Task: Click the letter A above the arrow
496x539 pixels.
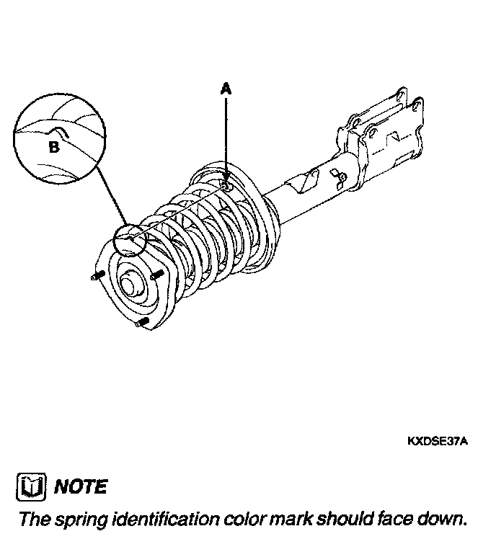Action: coord(226,89)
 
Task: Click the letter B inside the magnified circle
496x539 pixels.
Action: coord(53,147)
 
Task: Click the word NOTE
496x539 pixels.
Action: coord(81,486)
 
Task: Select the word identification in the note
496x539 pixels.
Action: coord(165,519)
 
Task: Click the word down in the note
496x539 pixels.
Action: coord(439,519)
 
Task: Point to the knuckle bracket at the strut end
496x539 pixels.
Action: coord(386,130)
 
